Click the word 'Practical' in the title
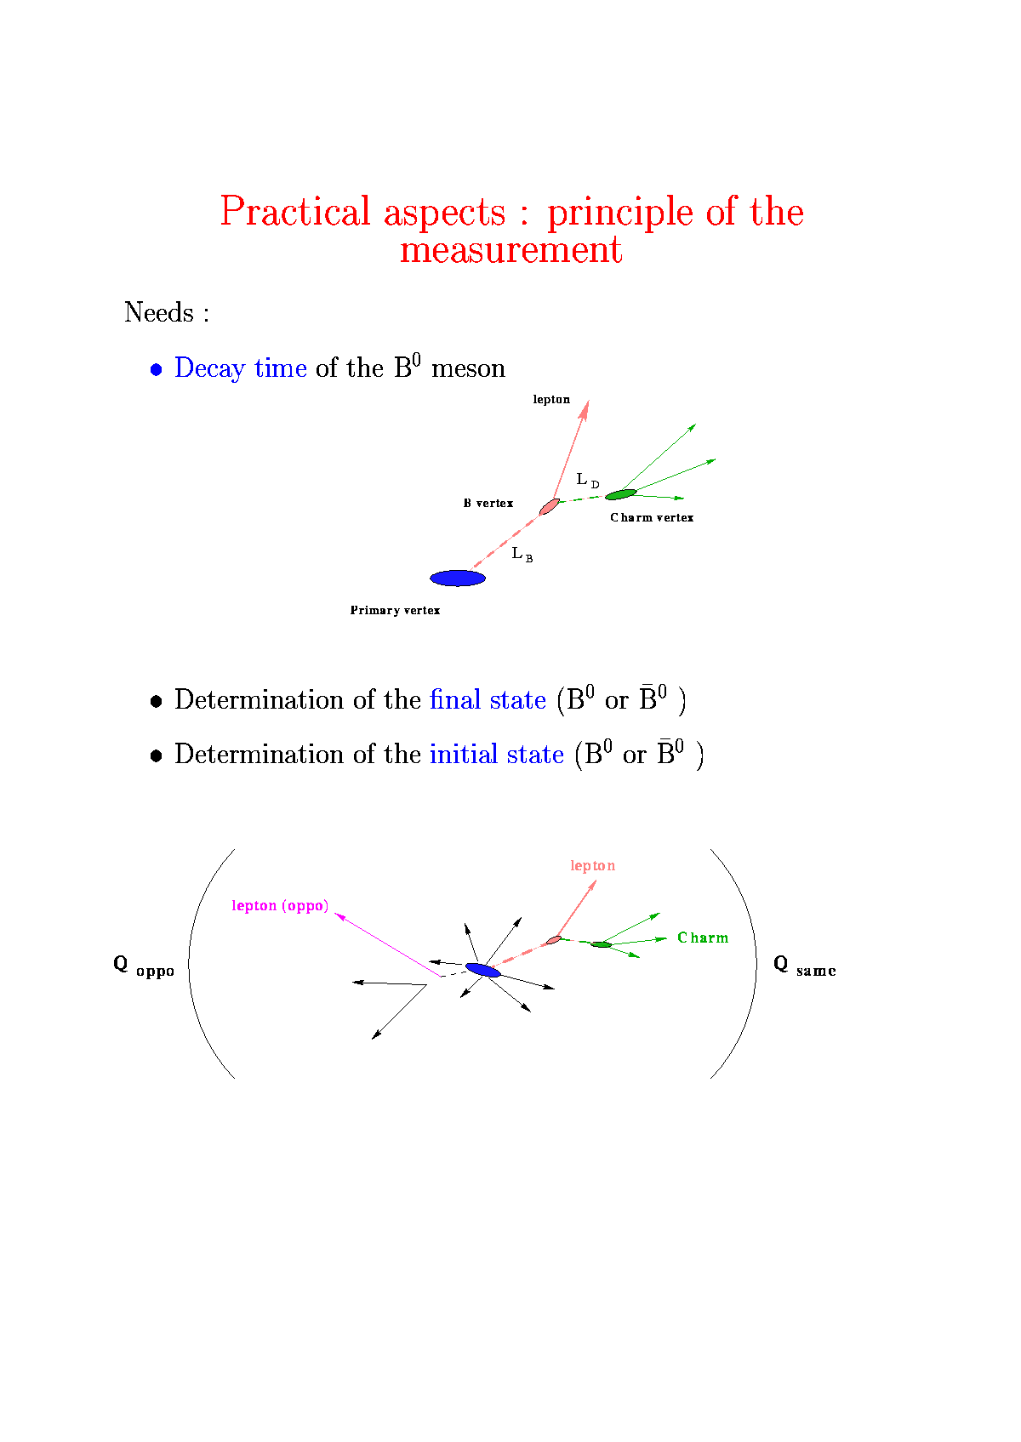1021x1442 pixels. [295, 211]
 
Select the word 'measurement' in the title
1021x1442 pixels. [511, 249]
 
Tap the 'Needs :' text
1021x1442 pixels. [167, 312]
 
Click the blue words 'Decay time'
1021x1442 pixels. [241, 368]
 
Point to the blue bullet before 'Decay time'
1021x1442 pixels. [156, 369]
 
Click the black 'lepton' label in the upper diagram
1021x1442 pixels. [551, 400]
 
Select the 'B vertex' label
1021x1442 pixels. [488, 503]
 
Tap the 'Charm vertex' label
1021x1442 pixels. [652, 517]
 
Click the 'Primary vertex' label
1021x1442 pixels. [395, 610]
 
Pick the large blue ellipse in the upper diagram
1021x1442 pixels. [458, 579]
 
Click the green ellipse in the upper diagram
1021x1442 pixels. [620, 494]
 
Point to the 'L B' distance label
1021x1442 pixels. [522, 555]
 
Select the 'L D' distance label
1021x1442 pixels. [587, 480]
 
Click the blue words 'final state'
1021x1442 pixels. [488, 700]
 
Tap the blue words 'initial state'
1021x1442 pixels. [497, 754]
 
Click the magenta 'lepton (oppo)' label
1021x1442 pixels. [280, 906]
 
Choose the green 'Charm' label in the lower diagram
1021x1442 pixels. [703, 938]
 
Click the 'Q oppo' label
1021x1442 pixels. [144, 967]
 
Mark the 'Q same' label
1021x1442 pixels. [805, 967]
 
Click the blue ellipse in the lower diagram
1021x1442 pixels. [482, 970]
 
